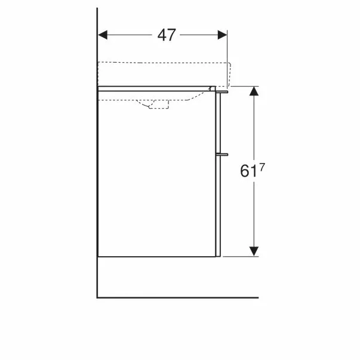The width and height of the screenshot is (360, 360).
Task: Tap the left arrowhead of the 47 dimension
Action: (x=103, y=35)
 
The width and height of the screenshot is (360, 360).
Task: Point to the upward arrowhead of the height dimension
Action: (x=254, y=91)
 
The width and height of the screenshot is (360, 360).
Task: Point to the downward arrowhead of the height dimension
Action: (x=254, y=251)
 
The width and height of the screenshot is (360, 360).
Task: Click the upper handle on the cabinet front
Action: (x=224, y=93)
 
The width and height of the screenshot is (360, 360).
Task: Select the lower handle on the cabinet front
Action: (x=224, y=153)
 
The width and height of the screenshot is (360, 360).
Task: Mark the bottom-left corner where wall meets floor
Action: (x=97, y=297)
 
